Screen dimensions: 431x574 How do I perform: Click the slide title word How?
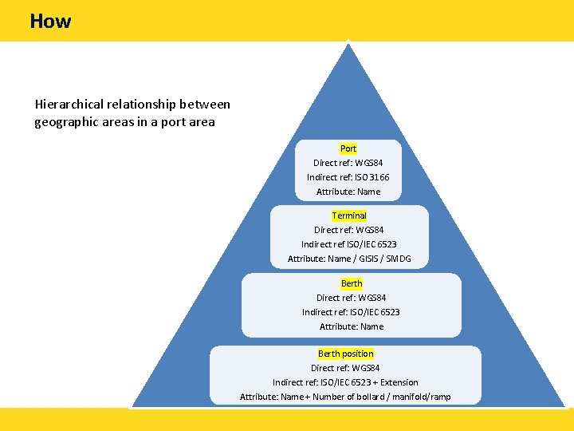coord(50,22)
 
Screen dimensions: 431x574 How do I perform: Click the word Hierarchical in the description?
coord(68,105)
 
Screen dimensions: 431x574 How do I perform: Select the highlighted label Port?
coord(348,148)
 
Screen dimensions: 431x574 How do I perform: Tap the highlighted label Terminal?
coord(349,215)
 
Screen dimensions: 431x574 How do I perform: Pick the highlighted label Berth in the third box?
coord(352,283)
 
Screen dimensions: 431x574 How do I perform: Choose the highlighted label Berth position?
coord(345,354)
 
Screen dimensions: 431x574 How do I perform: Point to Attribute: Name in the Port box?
coord(348,192)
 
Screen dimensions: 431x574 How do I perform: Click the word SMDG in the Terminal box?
coord(396,259)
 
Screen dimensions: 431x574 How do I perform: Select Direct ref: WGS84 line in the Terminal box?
coord(349,230)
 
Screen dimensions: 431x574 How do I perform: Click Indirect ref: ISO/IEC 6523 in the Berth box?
coord(351,312)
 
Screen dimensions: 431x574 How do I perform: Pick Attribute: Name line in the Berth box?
coord(352,326)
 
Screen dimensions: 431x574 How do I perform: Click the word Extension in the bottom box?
coord(399,382)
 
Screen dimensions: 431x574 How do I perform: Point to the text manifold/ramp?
coord(430,397)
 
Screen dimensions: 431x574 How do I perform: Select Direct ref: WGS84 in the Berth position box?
coord(345,368)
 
